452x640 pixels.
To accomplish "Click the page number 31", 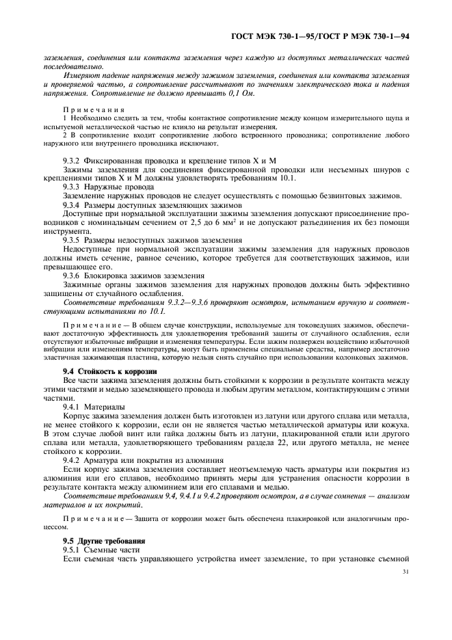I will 406,572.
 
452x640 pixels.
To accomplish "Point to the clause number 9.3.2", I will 75,161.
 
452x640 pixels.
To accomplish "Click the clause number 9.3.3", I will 75,187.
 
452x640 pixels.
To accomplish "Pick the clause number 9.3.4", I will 75,205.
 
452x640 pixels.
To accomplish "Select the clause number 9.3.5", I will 75,241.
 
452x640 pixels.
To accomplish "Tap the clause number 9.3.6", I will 75,276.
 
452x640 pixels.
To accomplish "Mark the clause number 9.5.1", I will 75,550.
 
